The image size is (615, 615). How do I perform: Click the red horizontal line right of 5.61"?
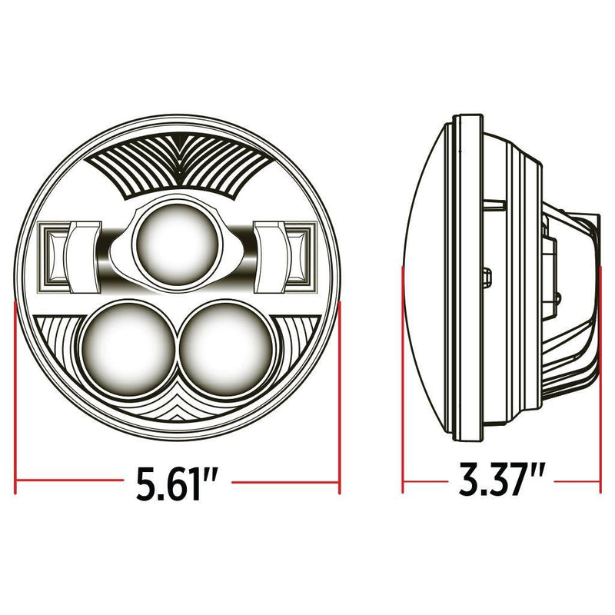[x=284, y=484]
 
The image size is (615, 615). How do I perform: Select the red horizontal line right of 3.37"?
[x=577, y=484]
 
